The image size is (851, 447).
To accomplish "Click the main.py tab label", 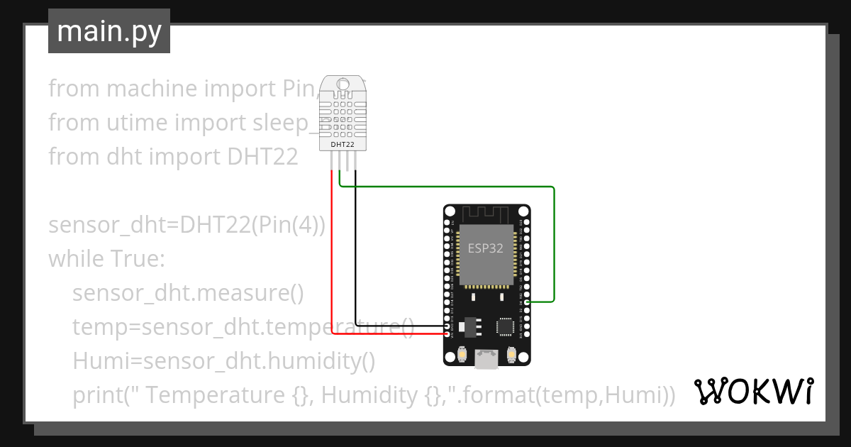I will coord(109,31).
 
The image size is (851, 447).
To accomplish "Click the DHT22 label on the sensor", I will coord(343,145).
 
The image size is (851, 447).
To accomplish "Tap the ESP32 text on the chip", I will coord(486,248).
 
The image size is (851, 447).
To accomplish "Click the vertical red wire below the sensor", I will coord(332,248).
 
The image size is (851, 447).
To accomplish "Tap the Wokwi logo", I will coord(752,392).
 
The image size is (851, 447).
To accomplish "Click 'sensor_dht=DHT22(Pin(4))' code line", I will coord(187,225).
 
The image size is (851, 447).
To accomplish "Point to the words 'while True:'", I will coord(106,259).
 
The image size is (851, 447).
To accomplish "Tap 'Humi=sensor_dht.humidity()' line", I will coord(223,361).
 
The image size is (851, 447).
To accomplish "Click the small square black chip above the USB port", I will coord(505,326).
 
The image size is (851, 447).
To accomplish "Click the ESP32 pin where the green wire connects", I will coord(527,302).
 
